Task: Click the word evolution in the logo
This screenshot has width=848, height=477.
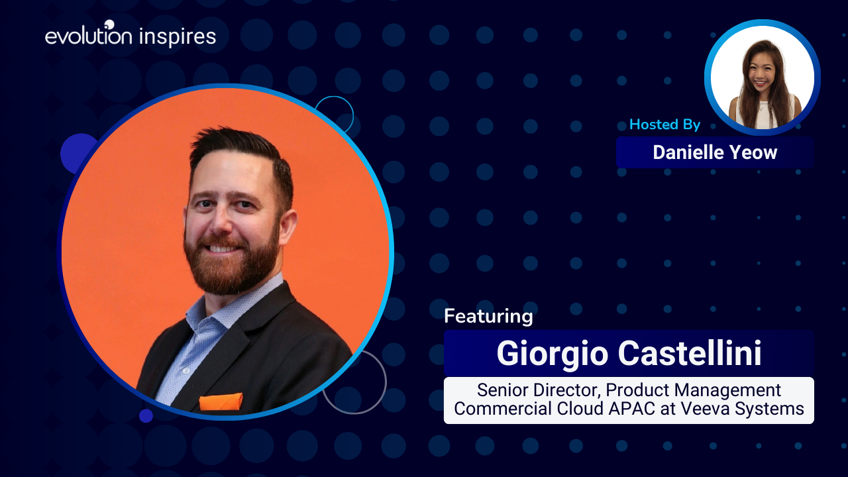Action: (x=89, y=36)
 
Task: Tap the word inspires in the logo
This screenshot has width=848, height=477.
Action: (x=178, y=37)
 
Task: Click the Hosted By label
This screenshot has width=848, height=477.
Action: (x=664, y=124)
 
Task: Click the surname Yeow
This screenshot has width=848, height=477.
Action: (x=753, y=152)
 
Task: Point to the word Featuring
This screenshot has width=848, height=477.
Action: (x=489, y=317)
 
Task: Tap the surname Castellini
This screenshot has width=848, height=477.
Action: (x=690, y=353)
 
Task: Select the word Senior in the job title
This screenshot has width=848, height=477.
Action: (x=502, y=390)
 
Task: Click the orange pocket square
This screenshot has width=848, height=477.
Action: (x=221, y=401)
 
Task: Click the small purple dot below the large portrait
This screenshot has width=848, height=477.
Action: (x=146, y=415)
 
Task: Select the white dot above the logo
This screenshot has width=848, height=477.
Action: (x=109, y=25)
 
